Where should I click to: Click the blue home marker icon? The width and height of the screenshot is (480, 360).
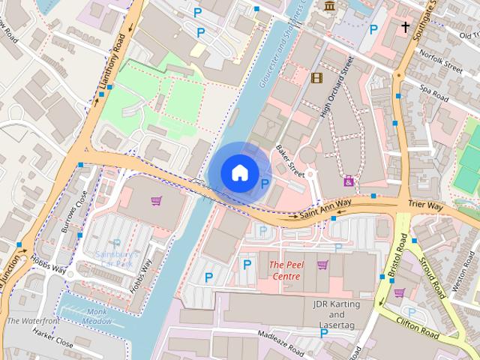pos(239,172)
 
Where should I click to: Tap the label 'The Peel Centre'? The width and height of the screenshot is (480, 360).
pos(285,271)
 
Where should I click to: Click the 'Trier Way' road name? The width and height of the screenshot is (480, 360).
pos(426,205)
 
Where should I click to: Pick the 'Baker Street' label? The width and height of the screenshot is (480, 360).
pos(289,160)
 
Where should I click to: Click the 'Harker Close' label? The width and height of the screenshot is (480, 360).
pos(52,342)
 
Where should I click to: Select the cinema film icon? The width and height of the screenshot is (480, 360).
pos(316,77)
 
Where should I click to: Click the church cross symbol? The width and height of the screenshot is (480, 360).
pos(405,28)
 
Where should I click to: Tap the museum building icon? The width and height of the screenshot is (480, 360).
pos(329,7)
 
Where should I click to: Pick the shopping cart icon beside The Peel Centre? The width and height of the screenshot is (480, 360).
pos(322,265)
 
